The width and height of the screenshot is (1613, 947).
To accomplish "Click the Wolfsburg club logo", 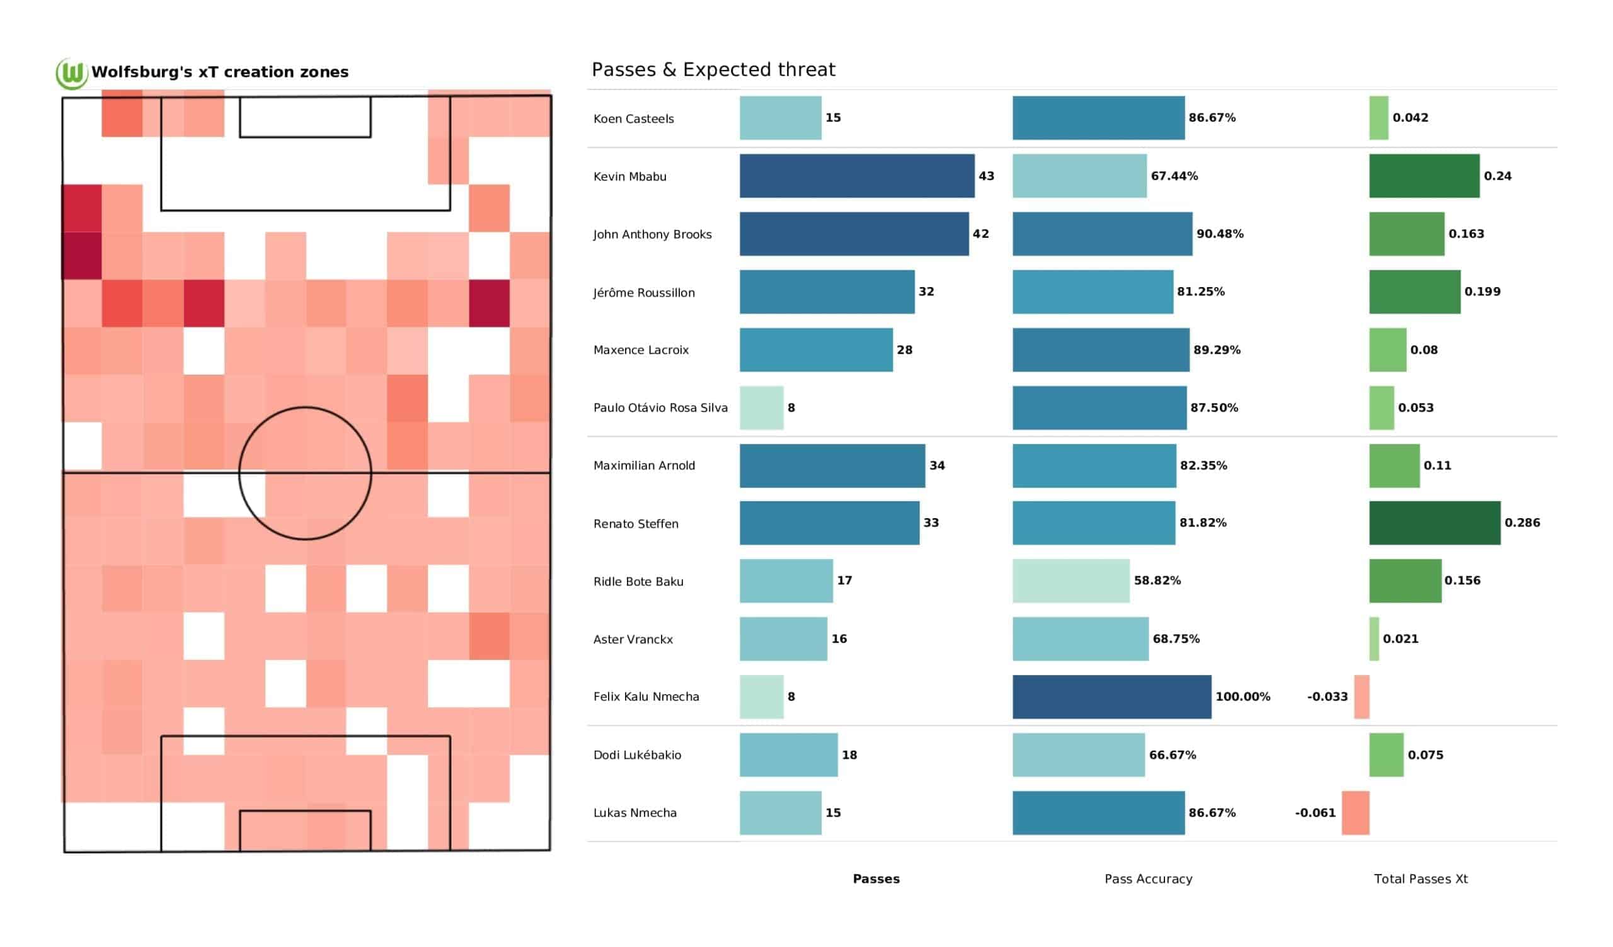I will coord(71,73).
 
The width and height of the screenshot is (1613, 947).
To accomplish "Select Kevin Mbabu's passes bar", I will coord(856,176).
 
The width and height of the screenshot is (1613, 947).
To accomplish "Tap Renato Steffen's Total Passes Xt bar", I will coord(1434,523).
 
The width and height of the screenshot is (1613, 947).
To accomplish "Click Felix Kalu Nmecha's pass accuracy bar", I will coord(1111,697).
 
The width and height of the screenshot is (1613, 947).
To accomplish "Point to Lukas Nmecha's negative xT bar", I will coord(1355,813).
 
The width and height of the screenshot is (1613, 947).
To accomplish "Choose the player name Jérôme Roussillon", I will coord(643,292).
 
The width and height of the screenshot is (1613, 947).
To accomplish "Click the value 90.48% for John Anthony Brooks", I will coord(1219,234).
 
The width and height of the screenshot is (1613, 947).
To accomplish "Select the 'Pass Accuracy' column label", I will coord(1147,879).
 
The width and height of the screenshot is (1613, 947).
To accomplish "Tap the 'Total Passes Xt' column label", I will coord(1420,879).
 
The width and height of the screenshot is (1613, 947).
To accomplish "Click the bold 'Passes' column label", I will coord(876,879).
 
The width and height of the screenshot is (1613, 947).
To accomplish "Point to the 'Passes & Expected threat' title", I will coord(713,69).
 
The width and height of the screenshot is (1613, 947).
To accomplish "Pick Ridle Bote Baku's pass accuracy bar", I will coord(1071,581).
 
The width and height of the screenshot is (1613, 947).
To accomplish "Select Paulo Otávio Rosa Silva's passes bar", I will coord(761,407).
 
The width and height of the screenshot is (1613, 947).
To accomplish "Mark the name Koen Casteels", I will coord(633,119).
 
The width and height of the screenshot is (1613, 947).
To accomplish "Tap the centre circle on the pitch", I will coord(305,473).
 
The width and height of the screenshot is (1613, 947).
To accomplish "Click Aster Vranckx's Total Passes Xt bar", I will coord(1374,638).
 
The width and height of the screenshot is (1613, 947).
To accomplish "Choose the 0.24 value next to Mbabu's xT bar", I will coord(1497,176).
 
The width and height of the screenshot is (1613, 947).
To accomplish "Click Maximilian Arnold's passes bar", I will coord(832,466).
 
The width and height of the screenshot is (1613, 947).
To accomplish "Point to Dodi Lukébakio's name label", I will coord(637,755).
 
